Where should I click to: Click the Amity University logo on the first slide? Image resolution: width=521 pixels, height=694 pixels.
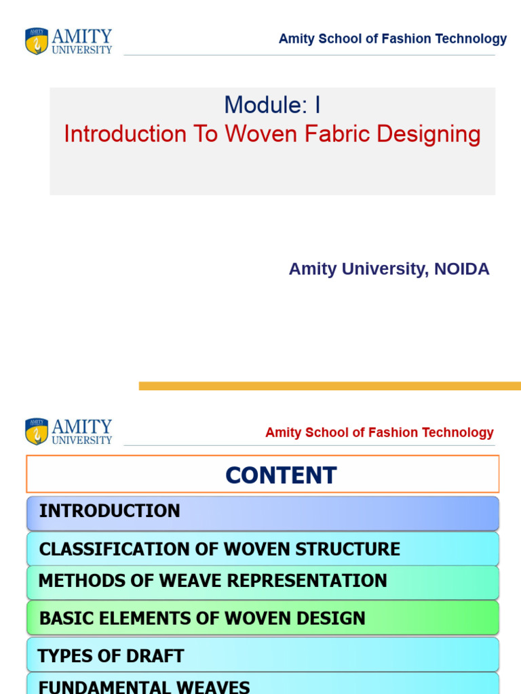point(68,41)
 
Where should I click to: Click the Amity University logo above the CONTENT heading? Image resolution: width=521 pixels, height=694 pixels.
point(68,432)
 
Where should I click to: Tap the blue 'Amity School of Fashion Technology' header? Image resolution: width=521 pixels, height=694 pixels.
point(392,39)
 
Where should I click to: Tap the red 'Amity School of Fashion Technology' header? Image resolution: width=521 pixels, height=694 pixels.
point(379,432)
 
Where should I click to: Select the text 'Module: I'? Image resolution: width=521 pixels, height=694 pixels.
point(272,105)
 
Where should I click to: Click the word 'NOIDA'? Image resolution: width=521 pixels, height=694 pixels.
point(461,269)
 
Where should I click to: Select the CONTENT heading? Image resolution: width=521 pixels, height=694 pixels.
point(281,475)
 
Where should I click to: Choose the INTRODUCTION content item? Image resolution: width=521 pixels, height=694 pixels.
point(110,511)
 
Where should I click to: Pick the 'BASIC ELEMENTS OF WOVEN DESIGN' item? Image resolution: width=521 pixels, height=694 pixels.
point(202,618)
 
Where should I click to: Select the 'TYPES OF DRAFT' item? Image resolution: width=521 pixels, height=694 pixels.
point(111,656)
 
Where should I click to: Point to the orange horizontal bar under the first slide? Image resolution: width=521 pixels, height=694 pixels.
point(330,386)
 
